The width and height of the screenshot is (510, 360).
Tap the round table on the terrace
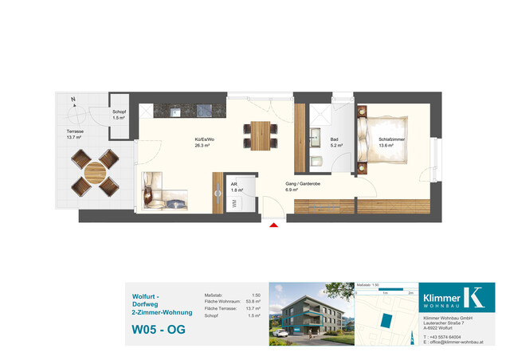[x=95, y=171]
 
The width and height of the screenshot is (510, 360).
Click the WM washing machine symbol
[x=234, y=203]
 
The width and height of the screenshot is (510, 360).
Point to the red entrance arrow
[x=275, y=226]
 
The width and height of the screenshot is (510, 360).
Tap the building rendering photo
[x=309, y=315]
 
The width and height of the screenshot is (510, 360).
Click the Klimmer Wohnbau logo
[x=457, y=297]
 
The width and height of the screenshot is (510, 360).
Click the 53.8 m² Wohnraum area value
[x=255, y=302]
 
